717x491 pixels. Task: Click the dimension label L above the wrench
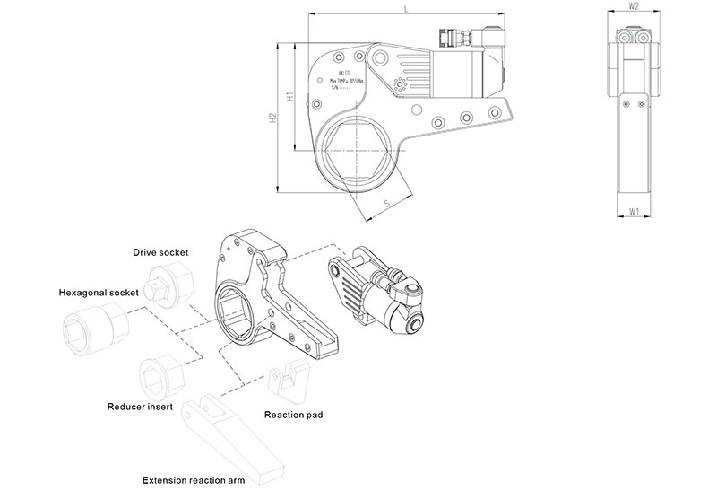407,8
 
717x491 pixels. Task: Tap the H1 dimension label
289,96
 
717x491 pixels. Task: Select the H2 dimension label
272,119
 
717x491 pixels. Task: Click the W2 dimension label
634,6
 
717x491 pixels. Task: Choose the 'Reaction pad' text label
293,415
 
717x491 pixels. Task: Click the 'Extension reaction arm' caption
194,481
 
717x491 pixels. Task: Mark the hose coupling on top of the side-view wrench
454,35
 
